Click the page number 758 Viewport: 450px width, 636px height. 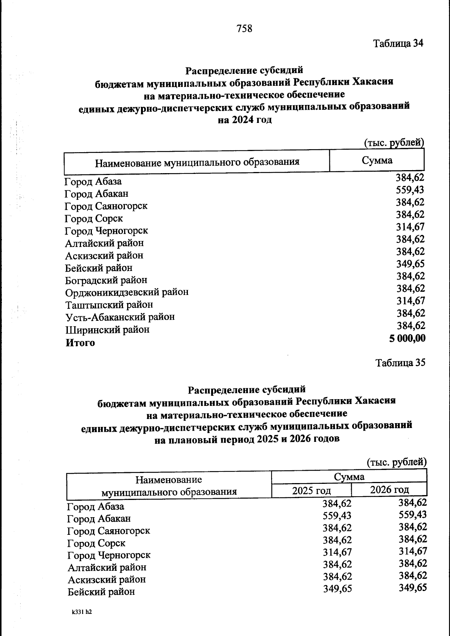click(x=244, y=28)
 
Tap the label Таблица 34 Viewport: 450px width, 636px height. click(x=398, y=43)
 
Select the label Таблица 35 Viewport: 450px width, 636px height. click(x=400, y=363)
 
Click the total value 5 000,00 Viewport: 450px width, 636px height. click(x=407, y=338)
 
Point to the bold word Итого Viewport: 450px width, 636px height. click(x=80, y=343)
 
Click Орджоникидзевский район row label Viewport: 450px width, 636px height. click(x=127, y=292)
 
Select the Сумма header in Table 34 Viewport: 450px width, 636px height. click(x=377, y=161)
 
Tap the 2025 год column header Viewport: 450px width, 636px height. click(x=311, y=491)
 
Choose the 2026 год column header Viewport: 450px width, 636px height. click(x=389, y=489)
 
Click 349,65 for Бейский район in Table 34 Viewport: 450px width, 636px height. click(x=410, y=264)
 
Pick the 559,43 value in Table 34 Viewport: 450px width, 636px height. click(x=410, y=190)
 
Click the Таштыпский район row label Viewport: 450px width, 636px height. click(x=109, y=305)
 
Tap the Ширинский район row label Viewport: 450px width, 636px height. click(x=107, y=330)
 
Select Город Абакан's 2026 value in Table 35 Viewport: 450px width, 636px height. click(x=412, y=515)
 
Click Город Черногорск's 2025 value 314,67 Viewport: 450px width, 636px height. click(x=337, y=552)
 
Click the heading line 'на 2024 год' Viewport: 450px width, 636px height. click(x=244, y=120)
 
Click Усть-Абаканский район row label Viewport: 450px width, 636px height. click(x=120, y=317)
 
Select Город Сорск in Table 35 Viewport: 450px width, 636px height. click(x=96, y=543)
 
